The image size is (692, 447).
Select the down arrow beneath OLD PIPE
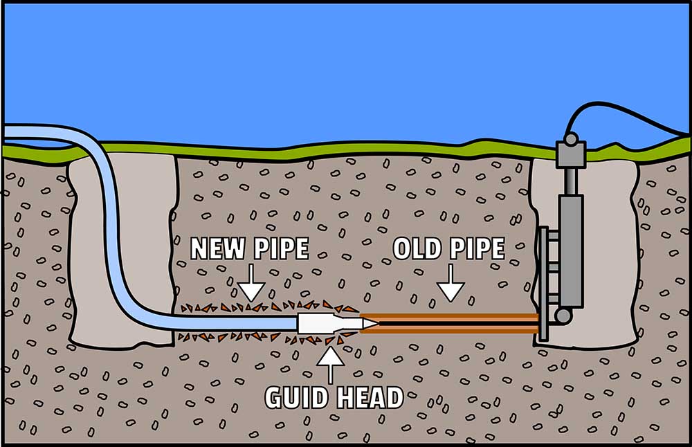pos(450,285)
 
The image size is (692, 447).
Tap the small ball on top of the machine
pos(570,139)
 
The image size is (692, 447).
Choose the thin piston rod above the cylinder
pos(570,181)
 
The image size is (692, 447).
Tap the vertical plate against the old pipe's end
pos(543,284)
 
